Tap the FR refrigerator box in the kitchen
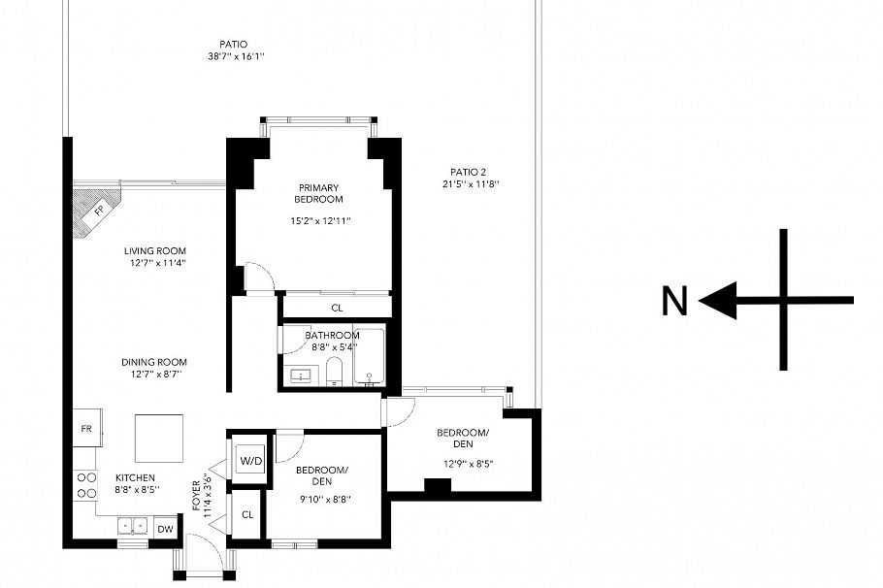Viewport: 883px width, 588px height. point(85,428)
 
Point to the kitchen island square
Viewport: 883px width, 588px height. point(158,439)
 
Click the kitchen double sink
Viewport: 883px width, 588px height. point(132,526)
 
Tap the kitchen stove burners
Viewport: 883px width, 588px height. point(84,484)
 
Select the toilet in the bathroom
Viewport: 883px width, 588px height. point(333,371)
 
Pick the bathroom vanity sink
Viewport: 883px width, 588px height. point(299,373)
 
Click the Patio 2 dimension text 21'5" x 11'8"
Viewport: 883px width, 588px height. point(471,184)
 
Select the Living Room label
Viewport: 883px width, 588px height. point(154,250)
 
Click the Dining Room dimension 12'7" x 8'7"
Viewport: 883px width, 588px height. point(152,374)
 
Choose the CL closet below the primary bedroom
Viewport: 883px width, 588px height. point(337,308)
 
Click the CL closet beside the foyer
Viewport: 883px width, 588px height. point(247,514)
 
